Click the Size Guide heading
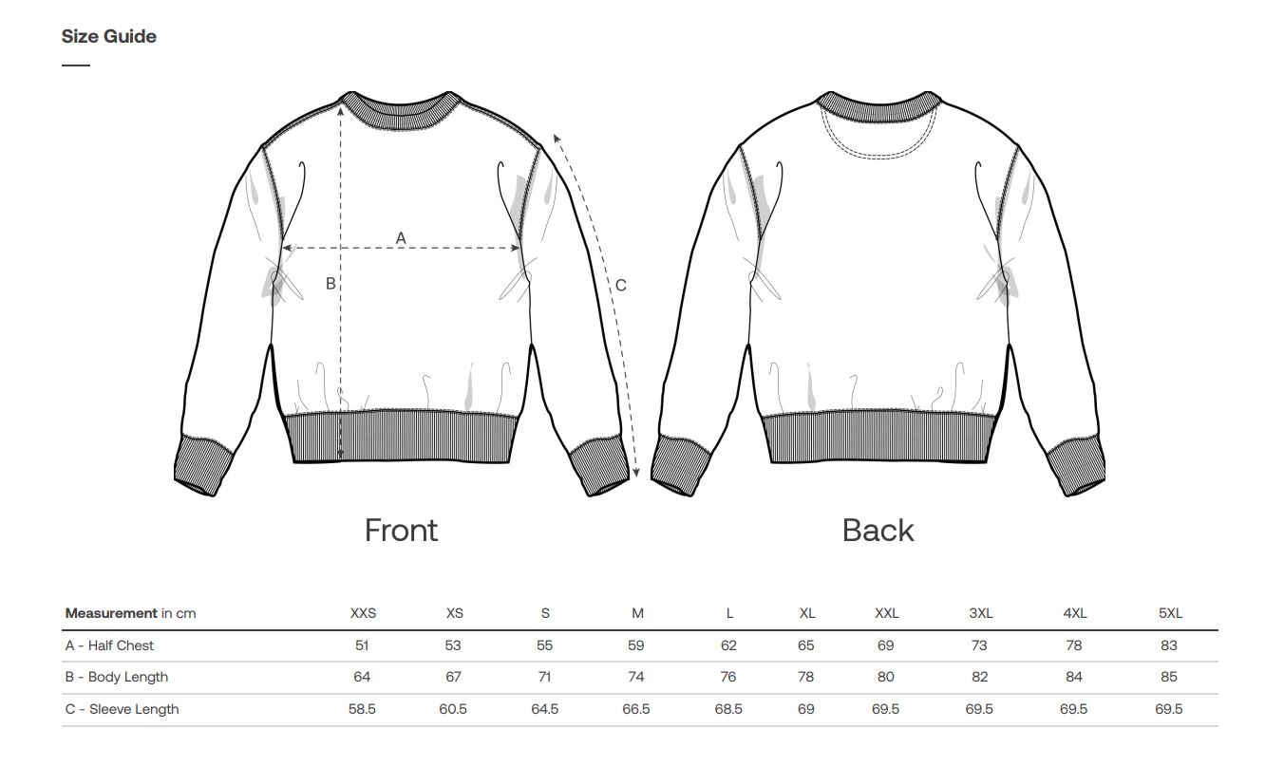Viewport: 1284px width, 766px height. click(108, 37)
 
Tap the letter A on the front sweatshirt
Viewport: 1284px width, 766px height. click(401, 237)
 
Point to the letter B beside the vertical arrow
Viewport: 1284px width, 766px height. click(330, 283)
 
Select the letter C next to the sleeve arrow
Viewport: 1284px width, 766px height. click(620, 285)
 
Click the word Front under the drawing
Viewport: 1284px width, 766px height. click(401, 530)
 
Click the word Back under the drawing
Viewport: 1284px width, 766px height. click(878, 530)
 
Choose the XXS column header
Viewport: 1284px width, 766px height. click(363, 613)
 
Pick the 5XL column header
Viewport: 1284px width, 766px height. click(1170, 613)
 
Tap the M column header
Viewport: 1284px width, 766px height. click(637, 613)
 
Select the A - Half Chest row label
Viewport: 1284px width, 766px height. click(109, 645)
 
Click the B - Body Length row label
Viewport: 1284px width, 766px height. click(116, 677)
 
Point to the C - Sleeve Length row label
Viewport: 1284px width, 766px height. click(122, 709)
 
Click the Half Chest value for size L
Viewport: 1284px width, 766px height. click(728, 645)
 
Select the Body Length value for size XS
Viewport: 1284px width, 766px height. click(453, 677)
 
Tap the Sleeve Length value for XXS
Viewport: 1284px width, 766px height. click(362, 709)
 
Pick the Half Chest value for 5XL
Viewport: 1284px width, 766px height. click(1169, 645)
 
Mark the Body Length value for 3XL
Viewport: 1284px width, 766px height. click(979, 677)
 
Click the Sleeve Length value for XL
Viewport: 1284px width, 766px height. click(806, 709)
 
